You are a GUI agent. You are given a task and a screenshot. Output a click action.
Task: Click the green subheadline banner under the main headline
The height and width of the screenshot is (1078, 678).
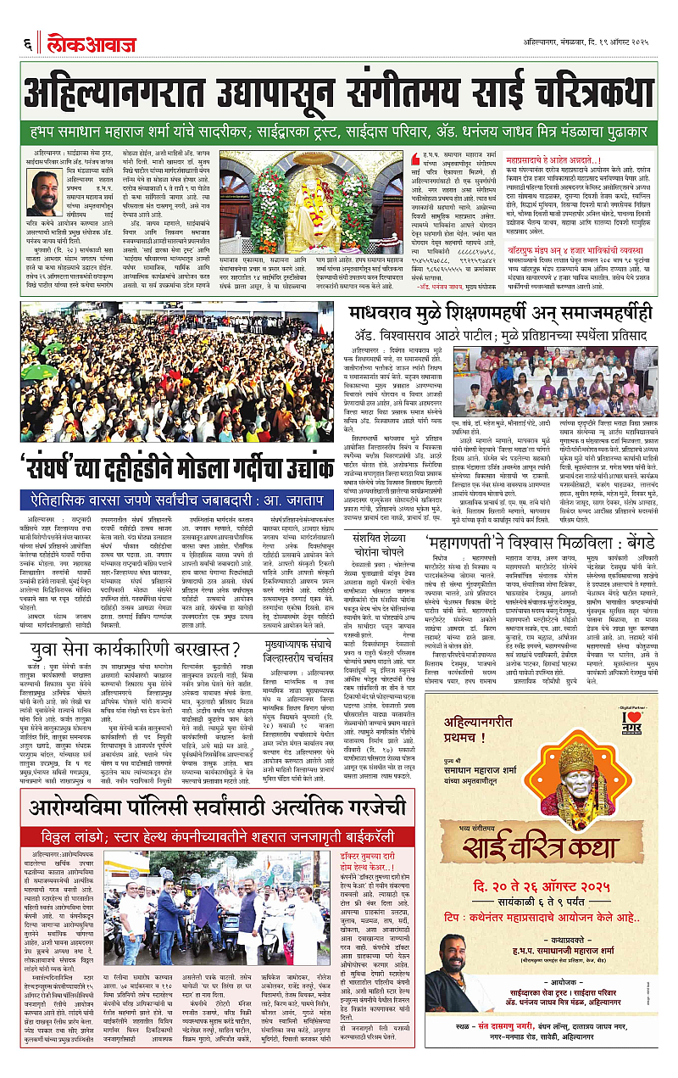pyautogui.click(x=339, y=133)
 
